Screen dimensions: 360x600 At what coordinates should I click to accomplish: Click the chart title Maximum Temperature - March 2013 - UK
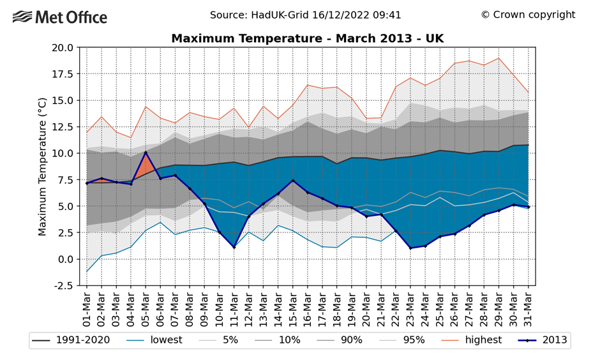point(307,39)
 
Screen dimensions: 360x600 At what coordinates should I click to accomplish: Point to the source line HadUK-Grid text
point(305,15)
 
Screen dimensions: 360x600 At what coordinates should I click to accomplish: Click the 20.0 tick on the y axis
point(62,47)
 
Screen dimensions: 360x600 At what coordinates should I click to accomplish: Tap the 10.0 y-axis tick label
point(62,153)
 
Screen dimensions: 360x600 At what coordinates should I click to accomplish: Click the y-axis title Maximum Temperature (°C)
point(43,166)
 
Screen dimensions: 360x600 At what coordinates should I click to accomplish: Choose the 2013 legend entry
point(543,340)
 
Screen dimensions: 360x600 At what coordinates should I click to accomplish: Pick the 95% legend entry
point(402,340)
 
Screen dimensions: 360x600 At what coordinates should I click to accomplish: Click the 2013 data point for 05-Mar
point(146,153)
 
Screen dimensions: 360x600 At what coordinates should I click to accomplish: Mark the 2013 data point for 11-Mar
point(234,247)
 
